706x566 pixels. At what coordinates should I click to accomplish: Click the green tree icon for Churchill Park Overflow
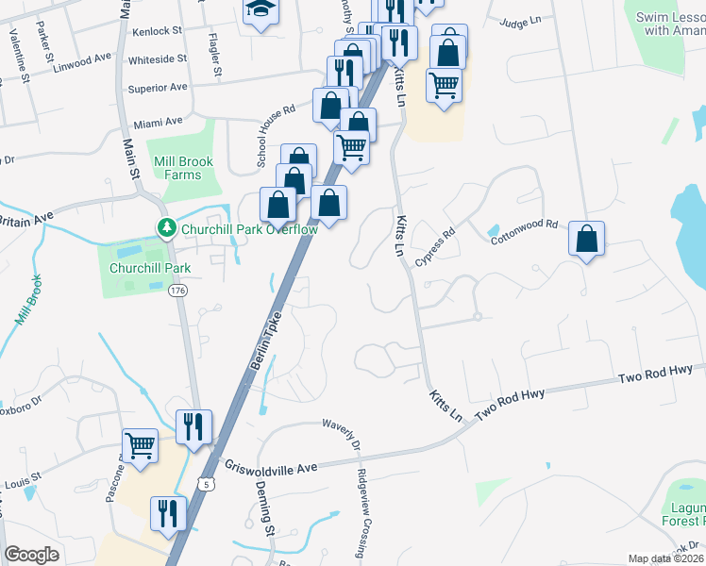click(166, 228)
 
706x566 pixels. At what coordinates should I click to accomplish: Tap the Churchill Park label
click(151, 268)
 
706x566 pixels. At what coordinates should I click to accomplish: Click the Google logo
click(32, 555)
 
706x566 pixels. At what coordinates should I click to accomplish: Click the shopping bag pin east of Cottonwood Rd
click(586, 239)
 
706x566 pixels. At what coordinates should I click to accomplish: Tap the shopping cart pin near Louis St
click(141, 444)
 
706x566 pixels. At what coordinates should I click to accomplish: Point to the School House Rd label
click(276, 137)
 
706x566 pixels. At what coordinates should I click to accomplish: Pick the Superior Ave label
click(158, 88)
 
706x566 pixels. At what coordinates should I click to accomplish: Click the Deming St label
click(264, 508)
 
